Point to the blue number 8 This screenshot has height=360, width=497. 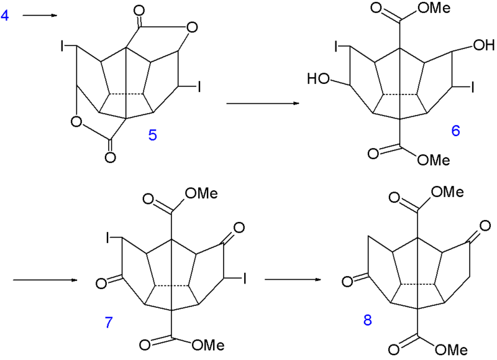pos(368,321)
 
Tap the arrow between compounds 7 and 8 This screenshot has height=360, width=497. pos(293,280)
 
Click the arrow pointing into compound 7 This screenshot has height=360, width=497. pos(45,280)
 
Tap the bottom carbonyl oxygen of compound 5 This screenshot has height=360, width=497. pos(110,158)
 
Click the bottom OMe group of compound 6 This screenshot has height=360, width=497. pos(432,160)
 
